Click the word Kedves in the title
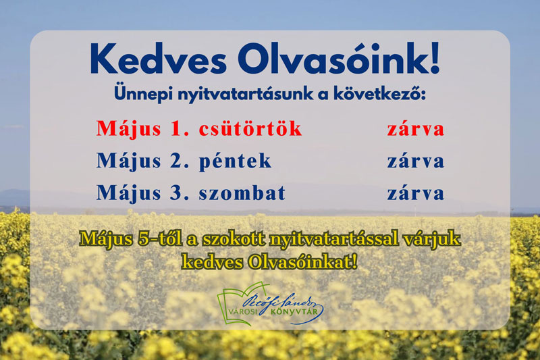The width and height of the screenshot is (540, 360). click(159, 58)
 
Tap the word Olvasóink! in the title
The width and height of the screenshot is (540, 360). click(339, 58)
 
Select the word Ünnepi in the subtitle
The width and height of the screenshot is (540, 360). click(143, 93)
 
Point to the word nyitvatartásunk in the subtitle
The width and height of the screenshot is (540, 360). click(246, 94)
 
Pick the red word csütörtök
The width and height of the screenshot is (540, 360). click(250, 128)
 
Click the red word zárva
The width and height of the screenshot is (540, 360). click(416, 129)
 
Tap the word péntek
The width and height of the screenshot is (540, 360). click(235, 161)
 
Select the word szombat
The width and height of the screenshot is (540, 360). click(242, 192)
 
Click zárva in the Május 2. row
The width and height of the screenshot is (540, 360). click(416, 161)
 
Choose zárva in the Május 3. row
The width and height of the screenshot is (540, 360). click(416, 192)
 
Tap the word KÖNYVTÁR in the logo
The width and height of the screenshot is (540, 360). click(294, 312)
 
